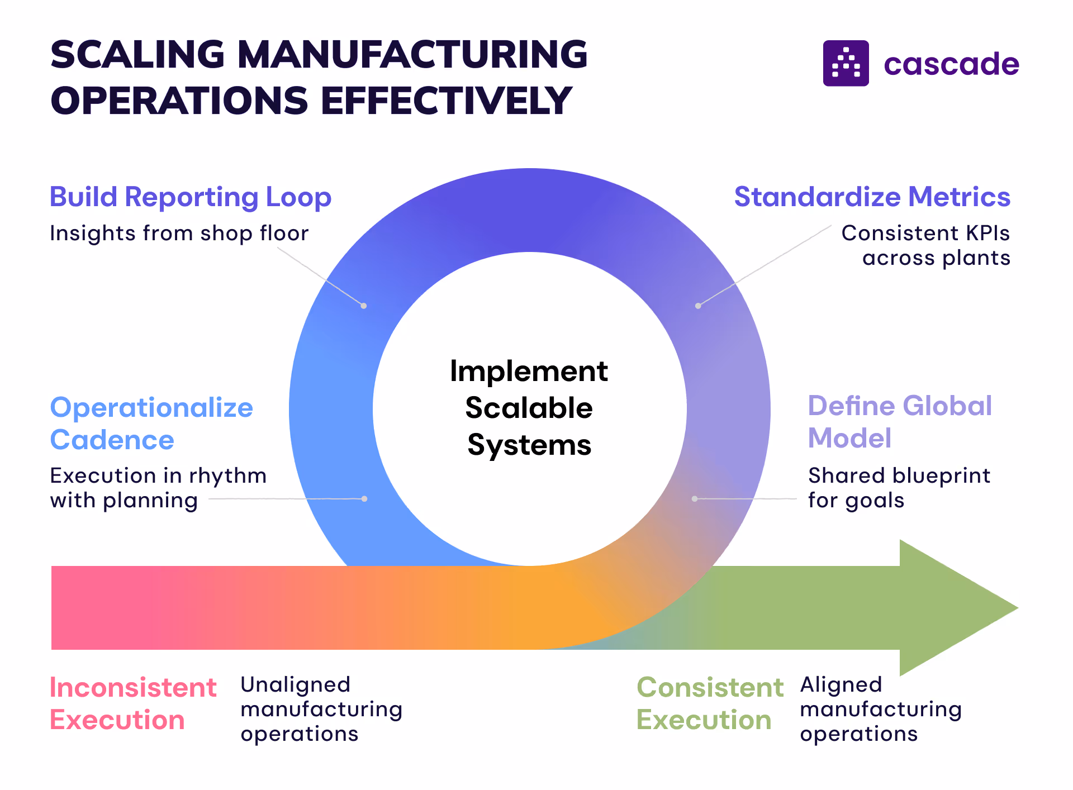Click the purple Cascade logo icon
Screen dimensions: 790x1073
coord(846,63)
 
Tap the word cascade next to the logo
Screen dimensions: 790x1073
coord(951,64)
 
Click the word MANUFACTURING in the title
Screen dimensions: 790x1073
coord(412,55)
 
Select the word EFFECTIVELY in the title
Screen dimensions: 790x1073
coord(446,101)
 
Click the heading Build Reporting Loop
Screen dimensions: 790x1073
coord(191,197)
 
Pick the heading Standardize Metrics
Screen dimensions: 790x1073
coord(872,197)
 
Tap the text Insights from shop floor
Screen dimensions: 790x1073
coord(179,234)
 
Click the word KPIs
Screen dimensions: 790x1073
coord(987,234)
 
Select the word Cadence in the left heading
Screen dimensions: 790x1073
coord(112,440)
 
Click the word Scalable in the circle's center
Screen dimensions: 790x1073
coord(529,408)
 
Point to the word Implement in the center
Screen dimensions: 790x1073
coord(529,372)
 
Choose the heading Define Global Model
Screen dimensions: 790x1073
coord(899,422)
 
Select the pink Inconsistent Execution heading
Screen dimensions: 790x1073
coord(133,704)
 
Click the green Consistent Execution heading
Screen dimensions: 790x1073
coord(710,704)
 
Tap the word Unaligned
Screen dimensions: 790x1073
coord(296,685)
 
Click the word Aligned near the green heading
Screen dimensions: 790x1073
coord(841,685)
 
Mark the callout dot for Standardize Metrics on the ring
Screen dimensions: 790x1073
coord(698,306)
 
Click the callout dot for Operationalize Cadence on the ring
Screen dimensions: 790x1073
coord(364,499)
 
